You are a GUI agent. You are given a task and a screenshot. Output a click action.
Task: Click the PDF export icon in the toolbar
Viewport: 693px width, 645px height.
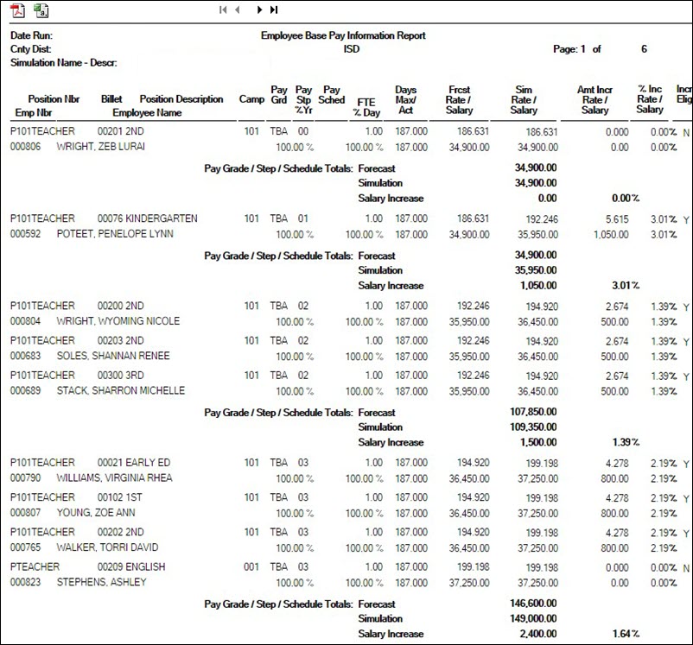coord(17,10)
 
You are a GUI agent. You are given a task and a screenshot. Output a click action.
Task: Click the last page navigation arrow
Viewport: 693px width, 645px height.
coord(274,10)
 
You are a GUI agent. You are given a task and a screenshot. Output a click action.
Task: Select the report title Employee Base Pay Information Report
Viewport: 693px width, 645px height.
coord(343,36)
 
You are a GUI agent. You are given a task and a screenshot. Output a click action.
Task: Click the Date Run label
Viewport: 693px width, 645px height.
coord(31,36)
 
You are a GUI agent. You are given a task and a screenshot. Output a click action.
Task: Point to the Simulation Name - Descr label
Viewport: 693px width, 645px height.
coord(63,63)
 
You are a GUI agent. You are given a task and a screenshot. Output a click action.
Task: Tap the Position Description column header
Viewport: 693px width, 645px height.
coord(181,99)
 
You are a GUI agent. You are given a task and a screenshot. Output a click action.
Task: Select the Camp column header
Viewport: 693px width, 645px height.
coord(251,99)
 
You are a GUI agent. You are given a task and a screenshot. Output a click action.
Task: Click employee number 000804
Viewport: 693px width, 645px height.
coord(26,321)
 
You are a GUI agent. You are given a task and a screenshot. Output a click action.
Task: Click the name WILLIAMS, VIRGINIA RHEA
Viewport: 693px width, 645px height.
coord(114,477)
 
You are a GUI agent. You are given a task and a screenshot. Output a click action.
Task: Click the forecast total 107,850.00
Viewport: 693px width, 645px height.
coord(535,413)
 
